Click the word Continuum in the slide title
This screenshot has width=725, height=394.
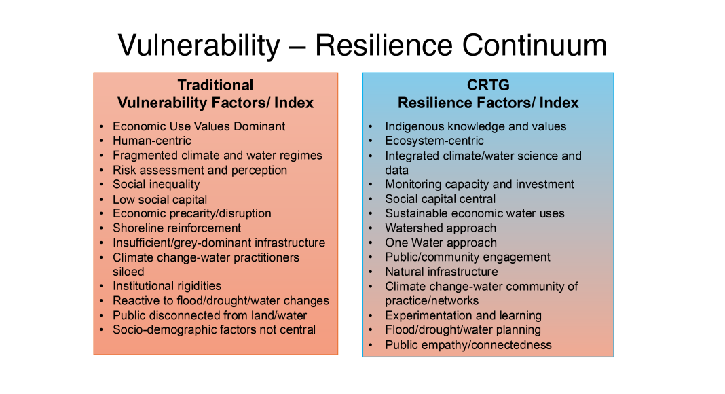tap(534, 46)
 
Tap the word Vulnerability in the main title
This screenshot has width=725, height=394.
tap(200, 46)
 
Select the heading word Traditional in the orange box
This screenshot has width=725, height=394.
tap(215, 85)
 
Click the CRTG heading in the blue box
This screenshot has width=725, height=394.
tap(488, 85)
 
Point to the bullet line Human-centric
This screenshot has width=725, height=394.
tap(151, 141)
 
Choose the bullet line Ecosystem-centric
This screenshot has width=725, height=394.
tap(434, 141)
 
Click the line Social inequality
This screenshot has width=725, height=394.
tap(156, 185)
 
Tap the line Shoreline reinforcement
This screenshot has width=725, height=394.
tap(176, 228)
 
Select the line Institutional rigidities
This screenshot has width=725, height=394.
tap(167, 286)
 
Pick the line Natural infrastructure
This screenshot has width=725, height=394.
tap(441, 272)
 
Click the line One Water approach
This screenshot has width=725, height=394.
tap(441, 243)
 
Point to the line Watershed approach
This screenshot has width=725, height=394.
tap(441, 228)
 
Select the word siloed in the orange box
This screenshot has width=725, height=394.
tap(128, 272)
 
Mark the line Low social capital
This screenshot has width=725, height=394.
tap(160, 200)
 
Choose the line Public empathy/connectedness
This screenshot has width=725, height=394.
tap(468, 345)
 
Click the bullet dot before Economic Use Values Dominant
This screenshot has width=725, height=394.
tap(100, 127)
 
